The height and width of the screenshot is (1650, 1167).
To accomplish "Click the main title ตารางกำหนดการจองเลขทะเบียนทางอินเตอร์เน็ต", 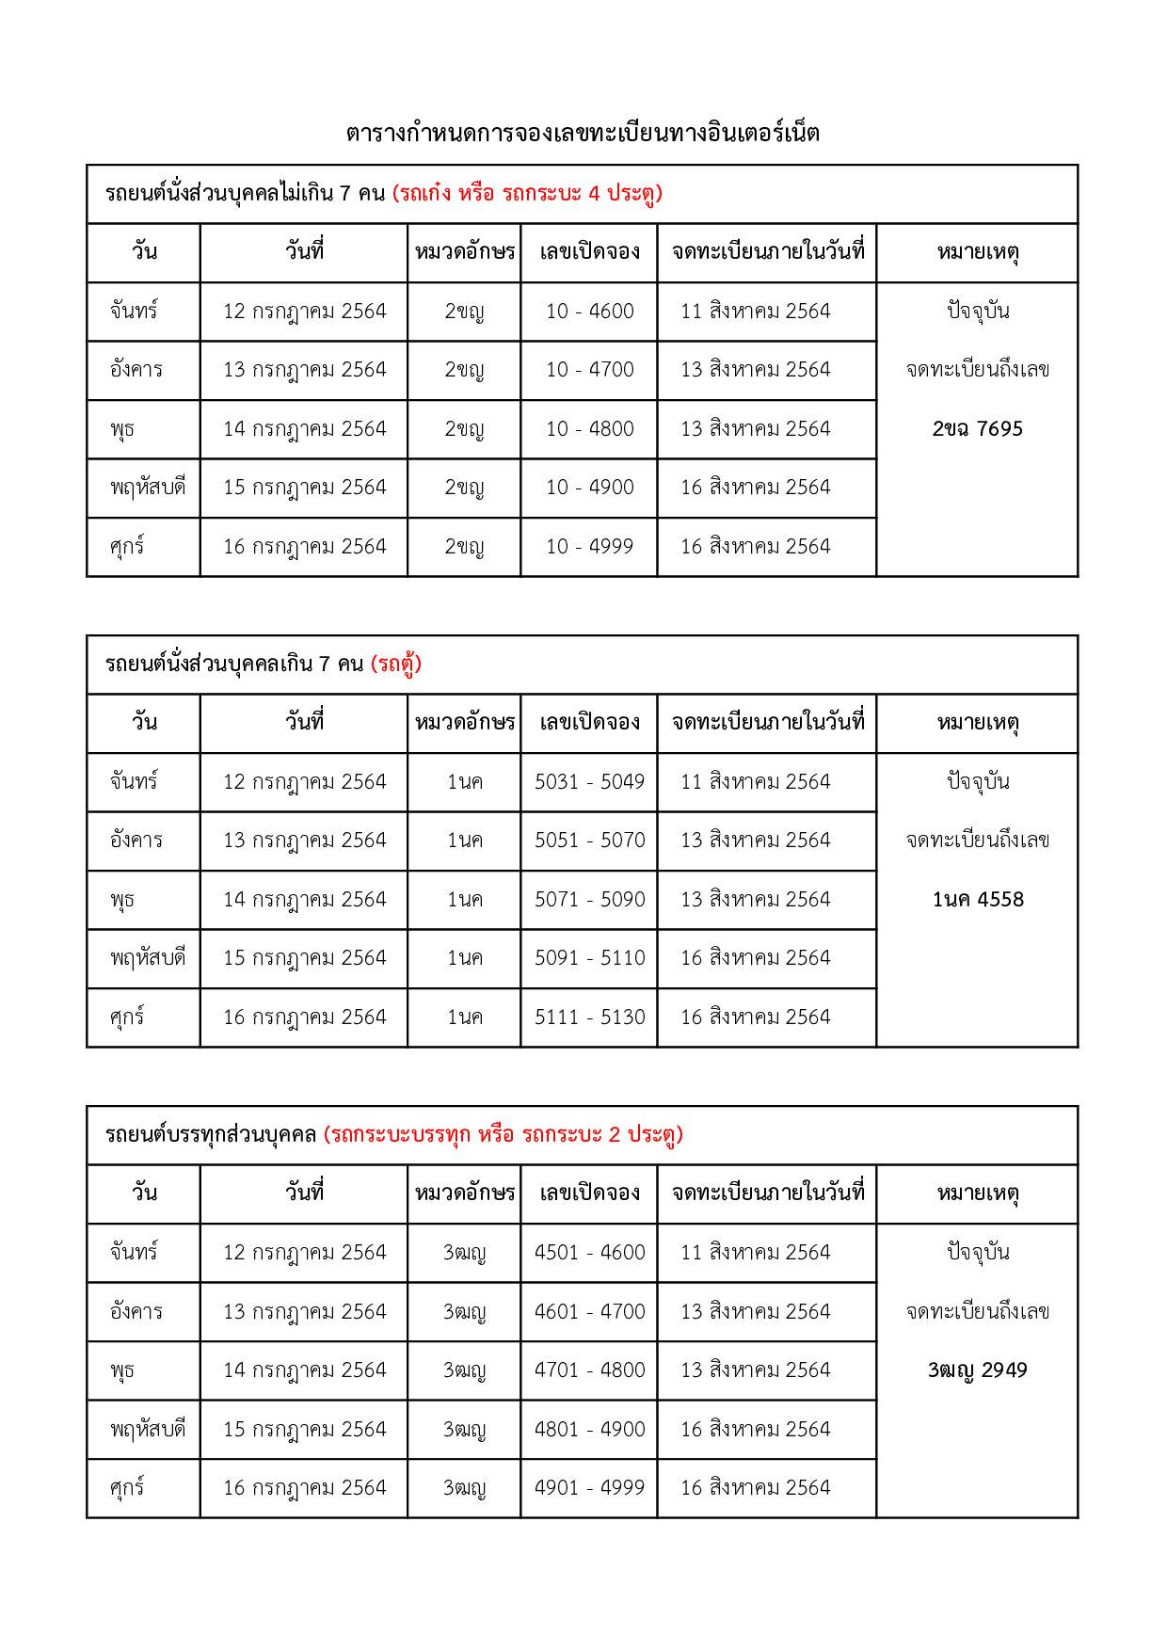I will coord(583,134).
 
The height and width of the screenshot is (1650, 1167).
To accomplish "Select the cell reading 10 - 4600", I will coord(589,312).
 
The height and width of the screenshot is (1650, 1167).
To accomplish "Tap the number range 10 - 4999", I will coord(589,547).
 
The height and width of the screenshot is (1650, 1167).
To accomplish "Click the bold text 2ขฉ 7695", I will coord(977,429).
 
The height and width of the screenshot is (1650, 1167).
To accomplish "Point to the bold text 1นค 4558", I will coord(977,900).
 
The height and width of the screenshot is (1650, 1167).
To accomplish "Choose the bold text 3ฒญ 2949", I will coord(977,1370).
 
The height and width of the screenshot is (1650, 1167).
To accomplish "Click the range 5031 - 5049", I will coord(589,782).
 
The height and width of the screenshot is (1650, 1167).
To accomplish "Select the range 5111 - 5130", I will coord(589,1017).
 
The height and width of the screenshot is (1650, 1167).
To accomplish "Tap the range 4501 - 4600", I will coord(589,1253).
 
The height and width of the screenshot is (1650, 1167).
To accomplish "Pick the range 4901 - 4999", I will coord(589,1488).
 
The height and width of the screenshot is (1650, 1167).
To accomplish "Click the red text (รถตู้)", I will coord(396,665).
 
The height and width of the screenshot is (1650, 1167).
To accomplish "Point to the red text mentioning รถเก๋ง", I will coord(527,194).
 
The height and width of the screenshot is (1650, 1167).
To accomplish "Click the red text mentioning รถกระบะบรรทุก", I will coord(503,1135).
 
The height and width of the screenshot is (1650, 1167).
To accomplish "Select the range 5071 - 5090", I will coord(589,900).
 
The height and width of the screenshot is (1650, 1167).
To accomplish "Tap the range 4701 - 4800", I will coord(589,1370).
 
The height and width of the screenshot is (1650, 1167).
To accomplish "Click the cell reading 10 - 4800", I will coord(589,429).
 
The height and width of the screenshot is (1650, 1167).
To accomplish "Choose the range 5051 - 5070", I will coord(589,841).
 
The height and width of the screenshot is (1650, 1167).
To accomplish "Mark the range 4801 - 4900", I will coord(589,1430).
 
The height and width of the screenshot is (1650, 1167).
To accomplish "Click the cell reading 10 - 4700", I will coord(589,370).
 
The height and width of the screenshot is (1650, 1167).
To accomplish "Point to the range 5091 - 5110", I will coord(589,958).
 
